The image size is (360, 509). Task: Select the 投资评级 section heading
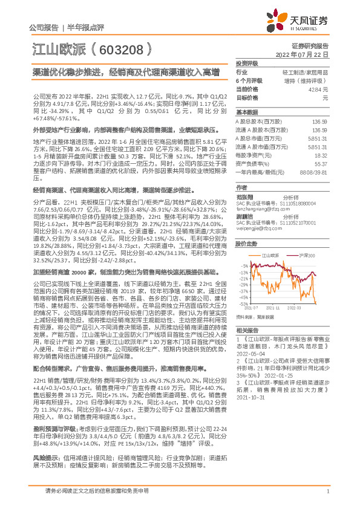click(x=246, y=62)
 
